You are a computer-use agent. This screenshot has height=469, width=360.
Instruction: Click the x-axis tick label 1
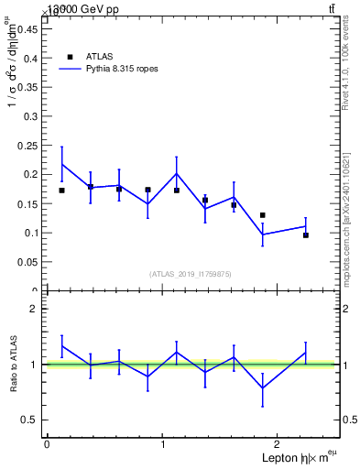point(163,444)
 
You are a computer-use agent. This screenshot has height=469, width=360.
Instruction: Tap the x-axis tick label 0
point(47,444)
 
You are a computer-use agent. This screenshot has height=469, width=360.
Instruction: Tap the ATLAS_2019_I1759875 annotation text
point(191,274)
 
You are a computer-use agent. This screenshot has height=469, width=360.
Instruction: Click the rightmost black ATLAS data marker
point(306,235)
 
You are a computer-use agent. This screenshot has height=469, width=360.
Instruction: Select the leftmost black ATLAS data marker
point(61,191)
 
